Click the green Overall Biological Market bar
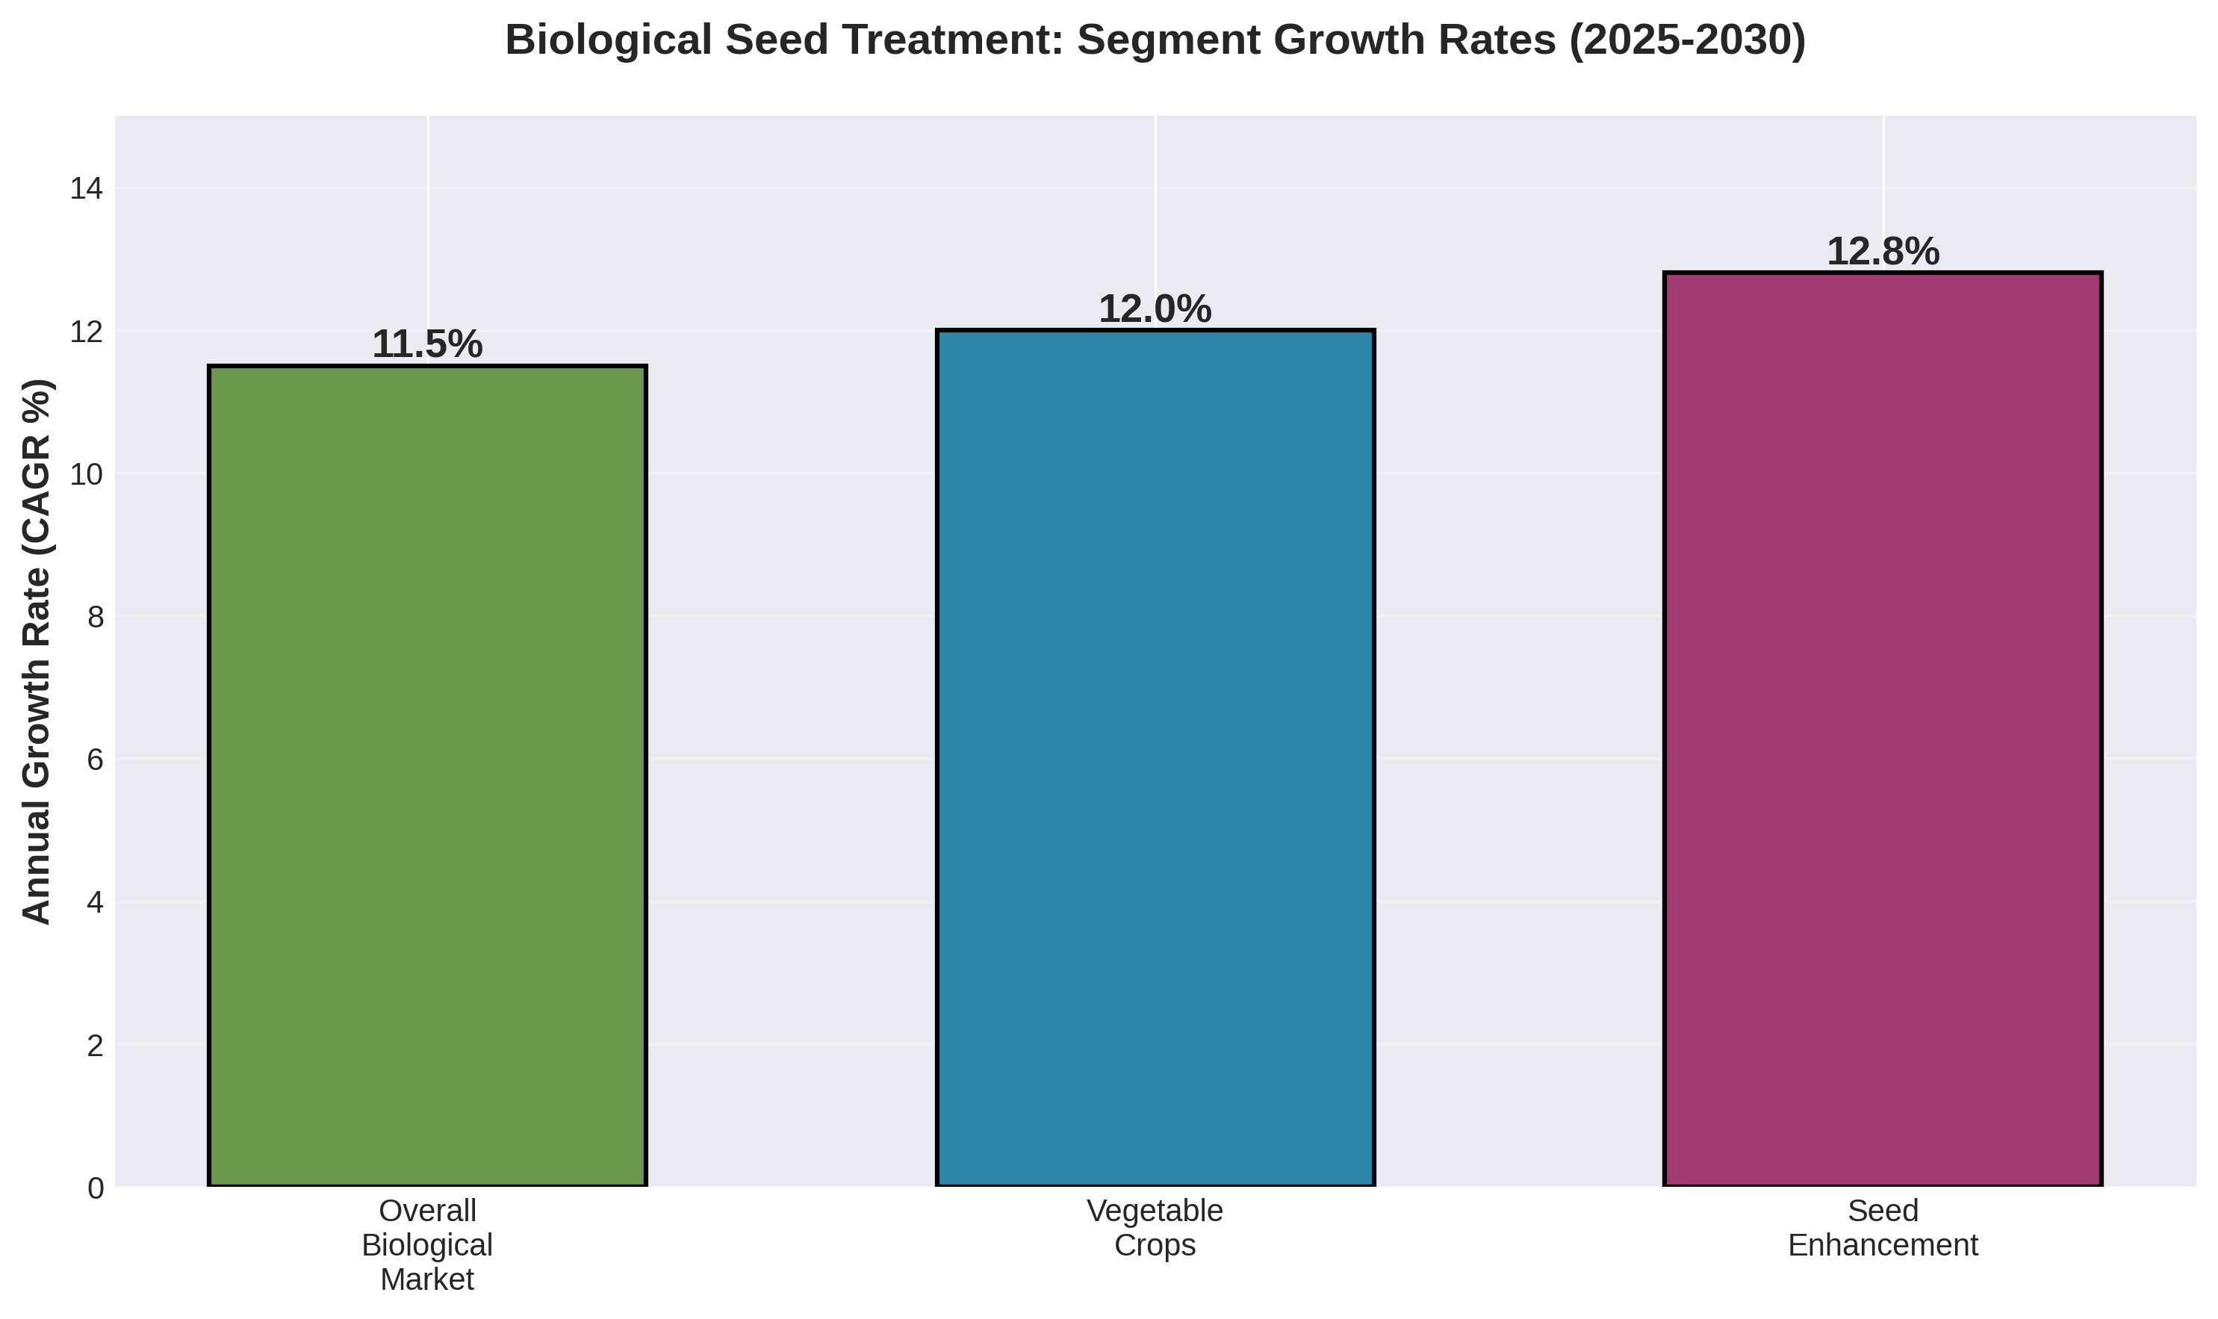(x=426, y=775)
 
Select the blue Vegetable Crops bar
(x=1155, y=757)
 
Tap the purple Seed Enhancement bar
(x=1882, y=729)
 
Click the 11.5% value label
(x=426, y=345)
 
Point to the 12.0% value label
(x=1155, y=309)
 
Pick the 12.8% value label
(x=1882, y=252)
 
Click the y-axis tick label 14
(x=86, y=188)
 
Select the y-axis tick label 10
(x=86, y=474)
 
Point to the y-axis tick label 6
(x=95, y=760)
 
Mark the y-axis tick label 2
(x=95, y=1045)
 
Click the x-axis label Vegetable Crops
(x=1155, y=1227)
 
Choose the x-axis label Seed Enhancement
(x=1882, y=1227)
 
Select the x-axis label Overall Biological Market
(x=426, y=1244)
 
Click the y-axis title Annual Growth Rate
(x=37, y=651)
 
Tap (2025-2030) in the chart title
(x=1686, y=40)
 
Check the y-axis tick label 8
(x=95, y=617)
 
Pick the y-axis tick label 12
(x=86, y=332)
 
